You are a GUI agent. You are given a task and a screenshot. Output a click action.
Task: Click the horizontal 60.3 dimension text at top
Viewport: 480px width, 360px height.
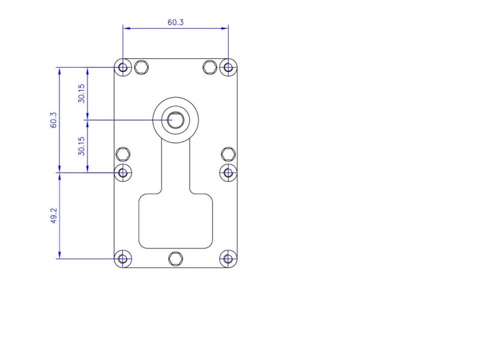click(x=176, y=22)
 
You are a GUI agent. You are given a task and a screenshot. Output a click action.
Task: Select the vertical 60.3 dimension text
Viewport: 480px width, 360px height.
click(x=53, y=120)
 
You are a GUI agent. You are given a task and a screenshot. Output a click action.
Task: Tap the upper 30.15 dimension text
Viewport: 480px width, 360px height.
click(x=82, y=93)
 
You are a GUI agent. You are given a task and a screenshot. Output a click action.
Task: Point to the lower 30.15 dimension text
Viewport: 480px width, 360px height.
click(x=82, y=146)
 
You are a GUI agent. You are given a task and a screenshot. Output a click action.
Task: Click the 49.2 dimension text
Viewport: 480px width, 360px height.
click(x=53, y=216)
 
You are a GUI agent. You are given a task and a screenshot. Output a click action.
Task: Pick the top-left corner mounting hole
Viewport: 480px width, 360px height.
click(x=123, y=67)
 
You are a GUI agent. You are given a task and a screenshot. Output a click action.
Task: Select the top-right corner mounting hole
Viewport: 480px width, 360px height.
click(x=228, y=67)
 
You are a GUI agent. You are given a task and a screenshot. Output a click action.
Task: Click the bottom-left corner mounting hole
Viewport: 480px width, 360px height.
click(x=123, y=259)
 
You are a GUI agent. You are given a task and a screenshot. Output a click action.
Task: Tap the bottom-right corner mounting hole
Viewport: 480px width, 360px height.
click(x=228, y=259)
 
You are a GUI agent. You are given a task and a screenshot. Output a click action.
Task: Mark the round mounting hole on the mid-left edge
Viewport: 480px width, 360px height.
click(x=123, y=173)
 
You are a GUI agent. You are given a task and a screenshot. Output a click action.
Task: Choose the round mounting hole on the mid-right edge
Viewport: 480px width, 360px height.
click(x=228, y=173)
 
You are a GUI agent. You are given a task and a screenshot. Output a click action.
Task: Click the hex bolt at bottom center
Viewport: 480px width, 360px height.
click(x=175, y=259)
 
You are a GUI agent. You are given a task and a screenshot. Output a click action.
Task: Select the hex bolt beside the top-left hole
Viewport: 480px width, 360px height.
click(x=142, y=67)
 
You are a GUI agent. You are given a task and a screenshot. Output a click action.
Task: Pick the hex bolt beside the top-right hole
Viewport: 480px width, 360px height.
click(x=209, y=67)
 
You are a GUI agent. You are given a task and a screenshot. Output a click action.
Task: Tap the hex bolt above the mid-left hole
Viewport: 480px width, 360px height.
click(x=123, y=154)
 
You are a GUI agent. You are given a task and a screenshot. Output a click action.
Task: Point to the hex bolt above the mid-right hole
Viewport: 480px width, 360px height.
click(x=228, y=154)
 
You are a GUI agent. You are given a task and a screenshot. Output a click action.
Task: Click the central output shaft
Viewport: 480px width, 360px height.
click(x=176, y=119)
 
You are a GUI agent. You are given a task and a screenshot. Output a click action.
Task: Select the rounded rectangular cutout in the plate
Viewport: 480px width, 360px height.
click(x=176, y=220)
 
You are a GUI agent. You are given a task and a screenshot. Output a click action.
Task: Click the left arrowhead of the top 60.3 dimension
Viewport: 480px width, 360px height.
click(x=126, y=28)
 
